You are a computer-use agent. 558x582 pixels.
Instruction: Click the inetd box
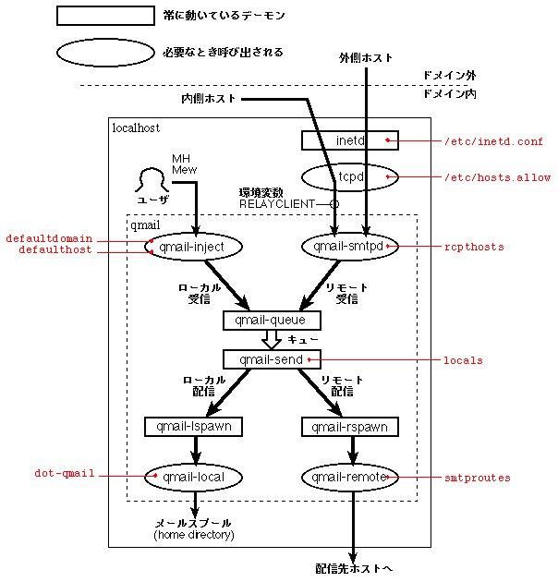coord(349,140)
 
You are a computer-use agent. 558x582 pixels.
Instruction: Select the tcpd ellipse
coord(349,176)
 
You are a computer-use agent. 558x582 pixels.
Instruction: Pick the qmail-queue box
coord(272,321)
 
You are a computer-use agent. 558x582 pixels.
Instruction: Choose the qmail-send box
coord(272,359)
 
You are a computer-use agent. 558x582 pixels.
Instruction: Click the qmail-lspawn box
coord(194,427)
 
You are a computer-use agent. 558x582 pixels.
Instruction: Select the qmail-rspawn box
coord(349,427)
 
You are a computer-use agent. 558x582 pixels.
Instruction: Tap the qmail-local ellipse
coord(194,477)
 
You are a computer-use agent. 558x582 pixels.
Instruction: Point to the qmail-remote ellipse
coord(349,477)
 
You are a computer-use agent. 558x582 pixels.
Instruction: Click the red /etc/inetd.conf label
coord(493,141)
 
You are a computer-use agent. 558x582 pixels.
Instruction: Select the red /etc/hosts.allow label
coord(496,176)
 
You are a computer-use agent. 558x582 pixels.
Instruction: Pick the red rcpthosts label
coord(473,247)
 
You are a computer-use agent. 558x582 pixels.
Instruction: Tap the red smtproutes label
coord(477,478)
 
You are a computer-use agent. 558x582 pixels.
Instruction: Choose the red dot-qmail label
coord(64,473)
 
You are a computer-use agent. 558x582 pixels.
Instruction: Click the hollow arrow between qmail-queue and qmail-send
coord(272,340)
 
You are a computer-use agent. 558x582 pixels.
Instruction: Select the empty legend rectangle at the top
coord(104,16)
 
